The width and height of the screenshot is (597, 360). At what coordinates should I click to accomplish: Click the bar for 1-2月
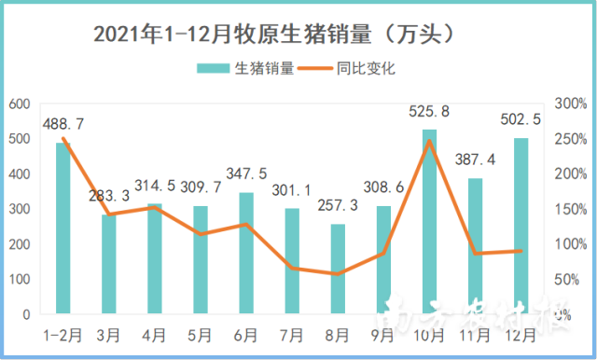click(63, 229)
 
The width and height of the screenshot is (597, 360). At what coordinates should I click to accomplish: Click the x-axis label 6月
click(246, 331)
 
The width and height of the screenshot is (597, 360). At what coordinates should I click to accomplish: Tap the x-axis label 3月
click(109, 331)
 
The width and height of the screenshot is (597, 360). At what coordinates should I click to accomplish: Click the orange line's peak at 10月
click(429, 141)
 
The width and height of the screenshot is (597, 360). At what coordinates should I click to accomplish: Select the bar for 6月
click(246, 255)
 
